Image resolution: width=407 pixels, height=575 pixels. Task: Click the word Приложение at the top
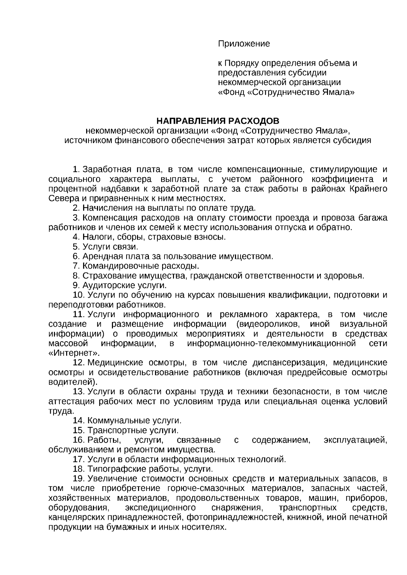coord(244,44)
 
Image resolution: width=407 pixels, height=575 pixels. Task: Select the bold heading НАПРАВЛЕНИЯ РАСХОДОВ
coord(217,121)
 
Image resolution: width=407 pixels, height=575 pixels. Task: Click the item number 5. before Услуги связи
coord(76,247)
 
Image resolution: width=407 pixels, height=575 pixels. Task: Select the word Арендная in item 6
coord(99,256)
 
